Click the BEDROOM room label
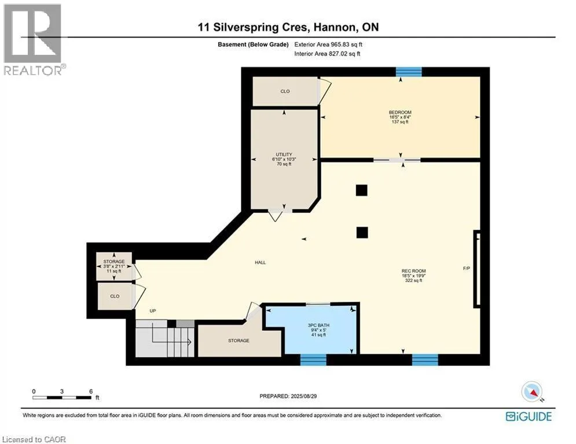pyautogui.click(x=400, y=112)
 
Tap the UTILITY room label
pyautogui.click(x=284, y=154)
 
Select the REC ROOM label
pyautogui.click(x=414, y=271)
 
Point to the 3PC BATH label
pyautogui.click(x=318, y=325)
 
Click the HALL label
pyautogui.click(x=260, y=262)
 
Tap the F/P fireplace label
pyautogui.click(x=467, y=269)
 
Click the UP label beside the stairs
pyautogui.click(x=153, y=311)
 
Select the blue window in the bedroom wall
pyautogui.click(x=409, y=72)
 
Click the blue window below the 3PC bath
pyautogui.click(x=313, y=360)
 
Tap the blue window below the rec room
pyautogui.click(x=425, y=360)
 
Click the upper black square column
pyautogui.click(x=361, y=190)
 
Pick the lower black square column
pyautogui.click(x=362, y=232)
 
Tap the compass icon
pyautogui.click(x=532, y=391)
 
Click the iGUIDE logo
pyautogui.click(x=529, y=416)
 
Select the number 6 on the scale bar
pyautogui.click(x=91, y=391)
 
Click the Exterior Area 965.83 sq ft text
pyautogui.click(x=328, y=45)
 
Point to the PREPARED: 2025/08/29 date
pyautogui.click(x=288, y=396)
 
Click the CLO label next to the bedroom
pyautogui.click(x=285, y=91)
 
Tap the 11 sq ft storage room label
pyautogui.click(x=114, y=271)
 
